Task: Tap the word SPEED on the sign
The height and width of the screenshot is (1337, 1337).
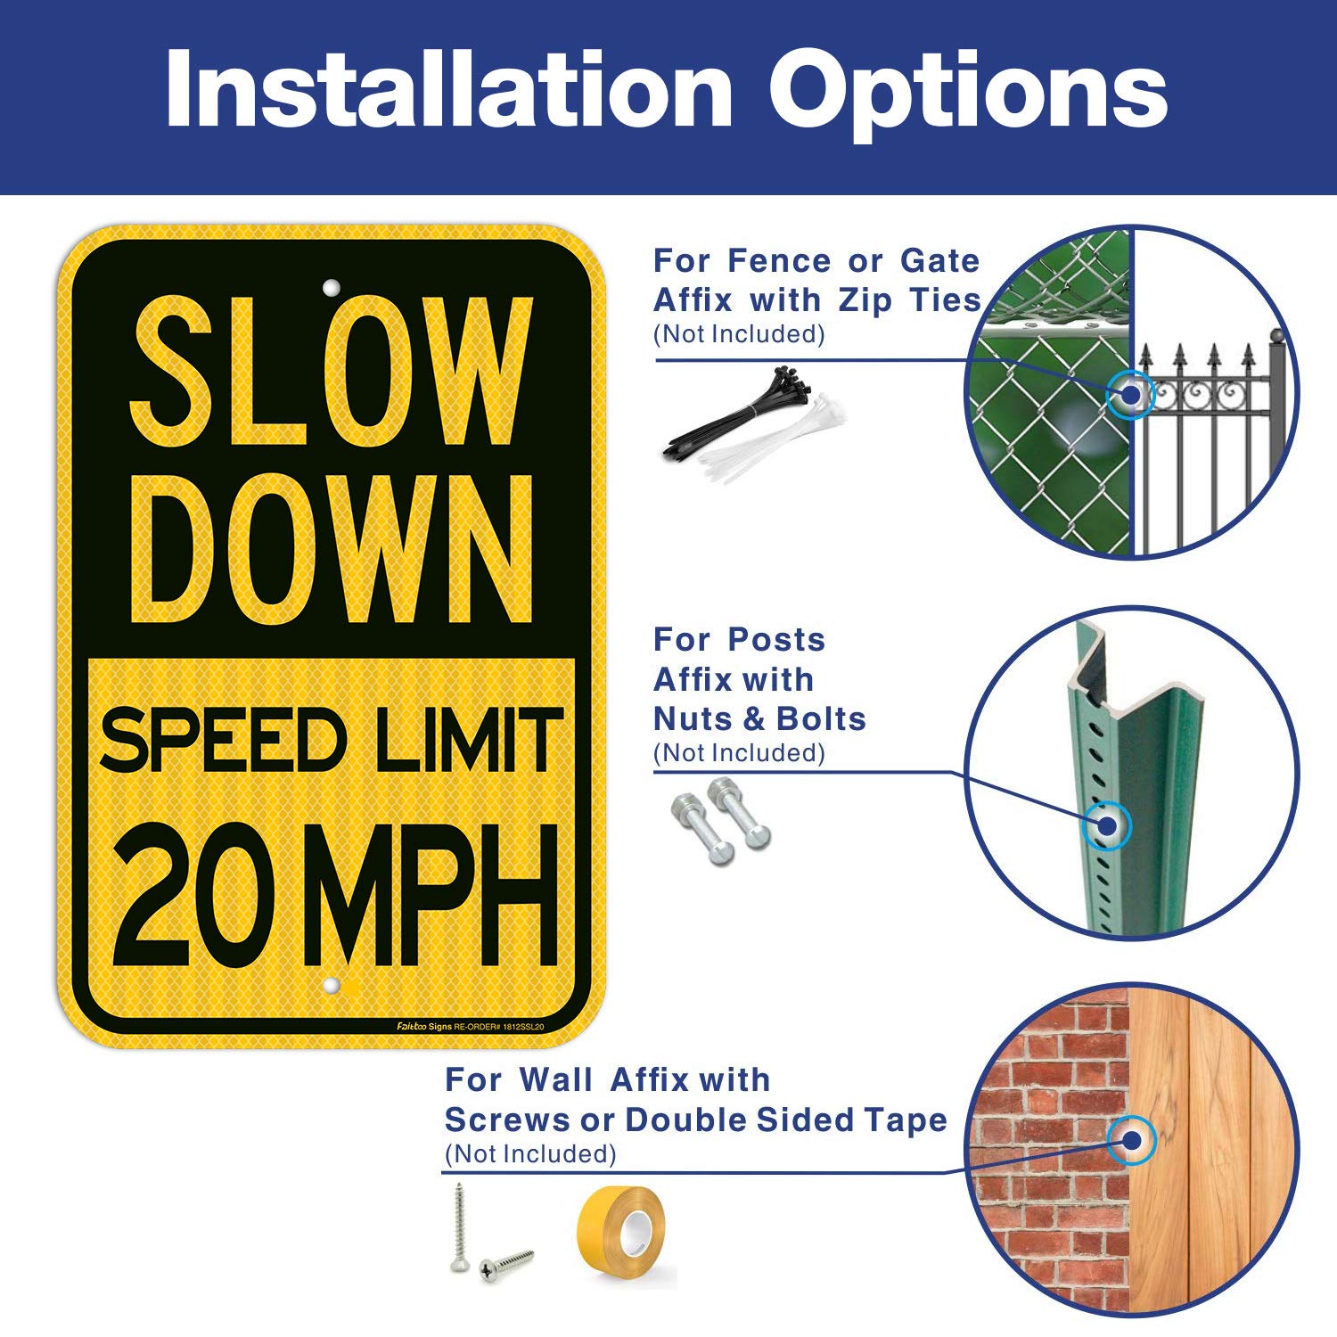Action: pyautogui.click(x=222, y=740)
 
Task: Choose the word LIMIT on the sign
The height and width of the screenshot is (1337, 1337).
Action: pyautogui.click(x=469, y=740)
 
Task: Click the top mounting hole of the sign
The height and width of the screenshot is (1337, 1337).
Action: pyautogui.click(x=331, y=288)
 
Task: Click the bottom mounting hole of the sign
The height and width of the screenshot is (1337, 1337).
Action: pyautogui.click(x=331, y=986)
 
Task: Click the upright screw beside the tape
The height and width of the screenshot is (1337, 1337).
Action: pyautogui.click(x=460, y=1226)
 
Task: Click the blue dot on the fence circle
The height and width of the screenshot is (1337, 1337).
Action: pyautogui.click(x=1130, y=393)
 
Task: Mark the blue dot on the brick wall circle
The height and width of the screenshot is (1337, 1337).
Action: pyautogui.click(x=1131, y=1139)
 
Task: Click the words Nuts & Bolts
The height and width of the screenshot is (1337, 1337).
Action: pyautogui.click(x=759, y=718)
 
